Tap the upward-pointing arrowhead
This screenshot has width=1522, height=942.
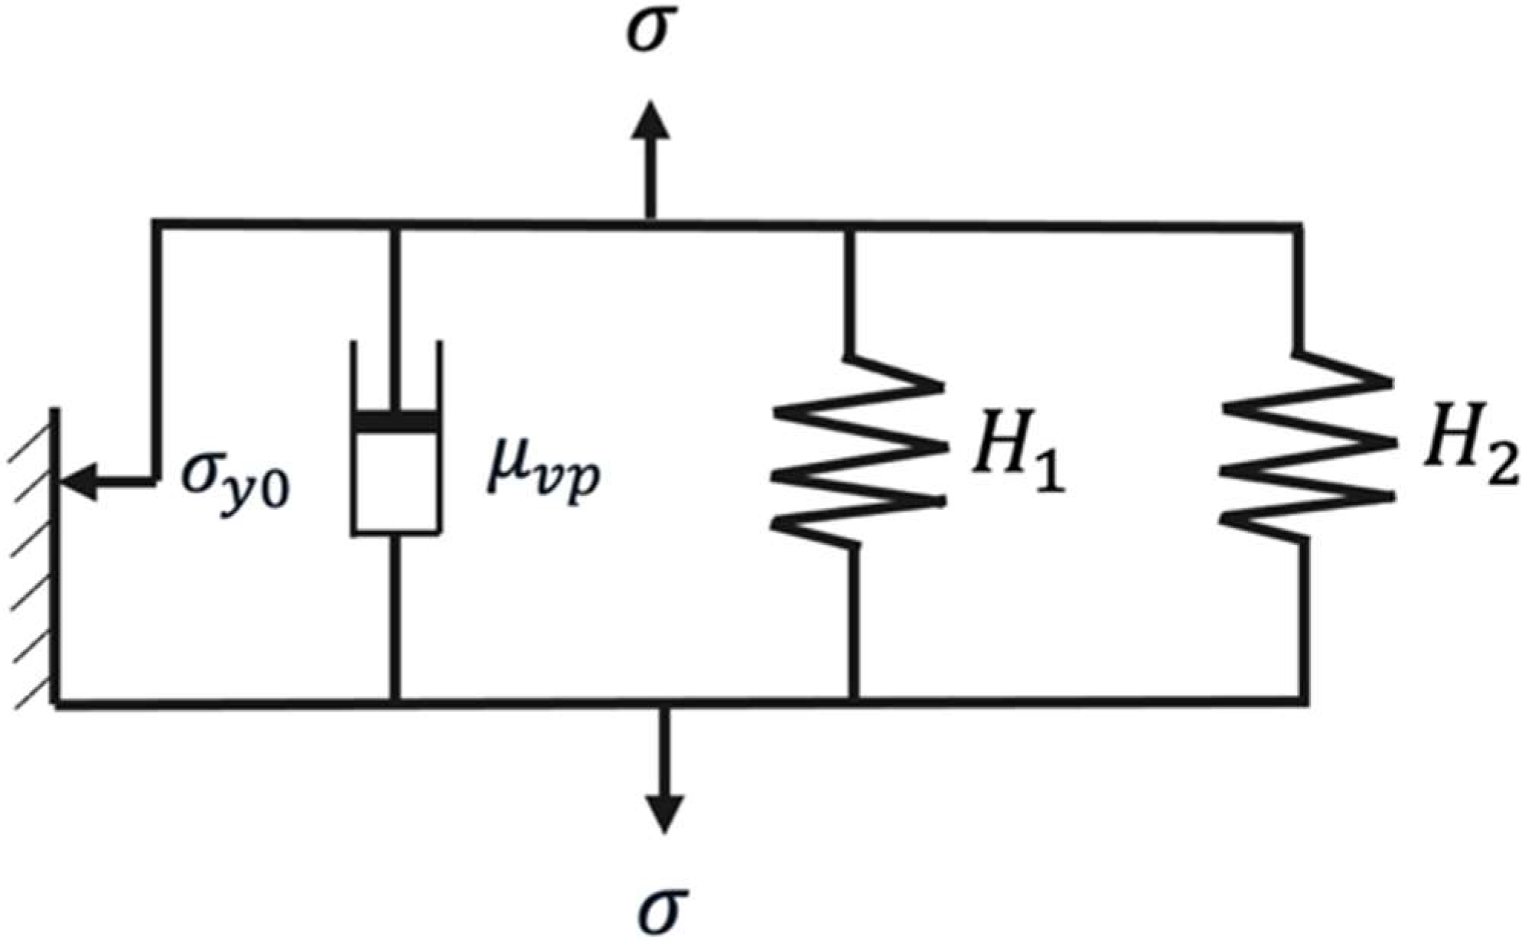(650, 122)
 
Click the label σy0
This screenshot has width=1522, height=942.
(234, 482)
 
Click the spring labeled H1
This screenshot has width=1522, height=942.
(857, 451)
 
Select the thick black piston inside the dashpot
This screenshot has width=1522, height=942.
(396, 422)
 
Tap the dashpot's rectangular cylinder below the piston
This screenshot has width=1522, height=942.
(396, 482)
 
